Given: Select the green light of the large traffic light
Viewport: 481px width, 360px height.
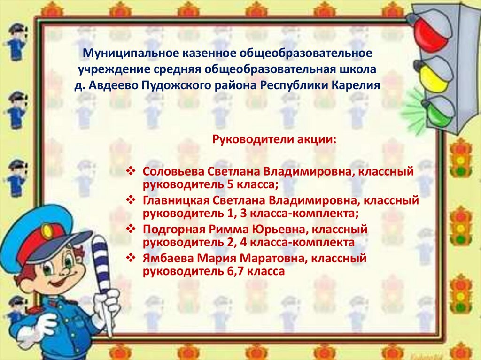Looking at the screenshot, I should tap(439, 111).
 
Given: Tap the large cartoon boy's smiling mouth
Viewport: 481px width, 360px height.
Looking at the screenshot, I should tap(60, 283).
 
